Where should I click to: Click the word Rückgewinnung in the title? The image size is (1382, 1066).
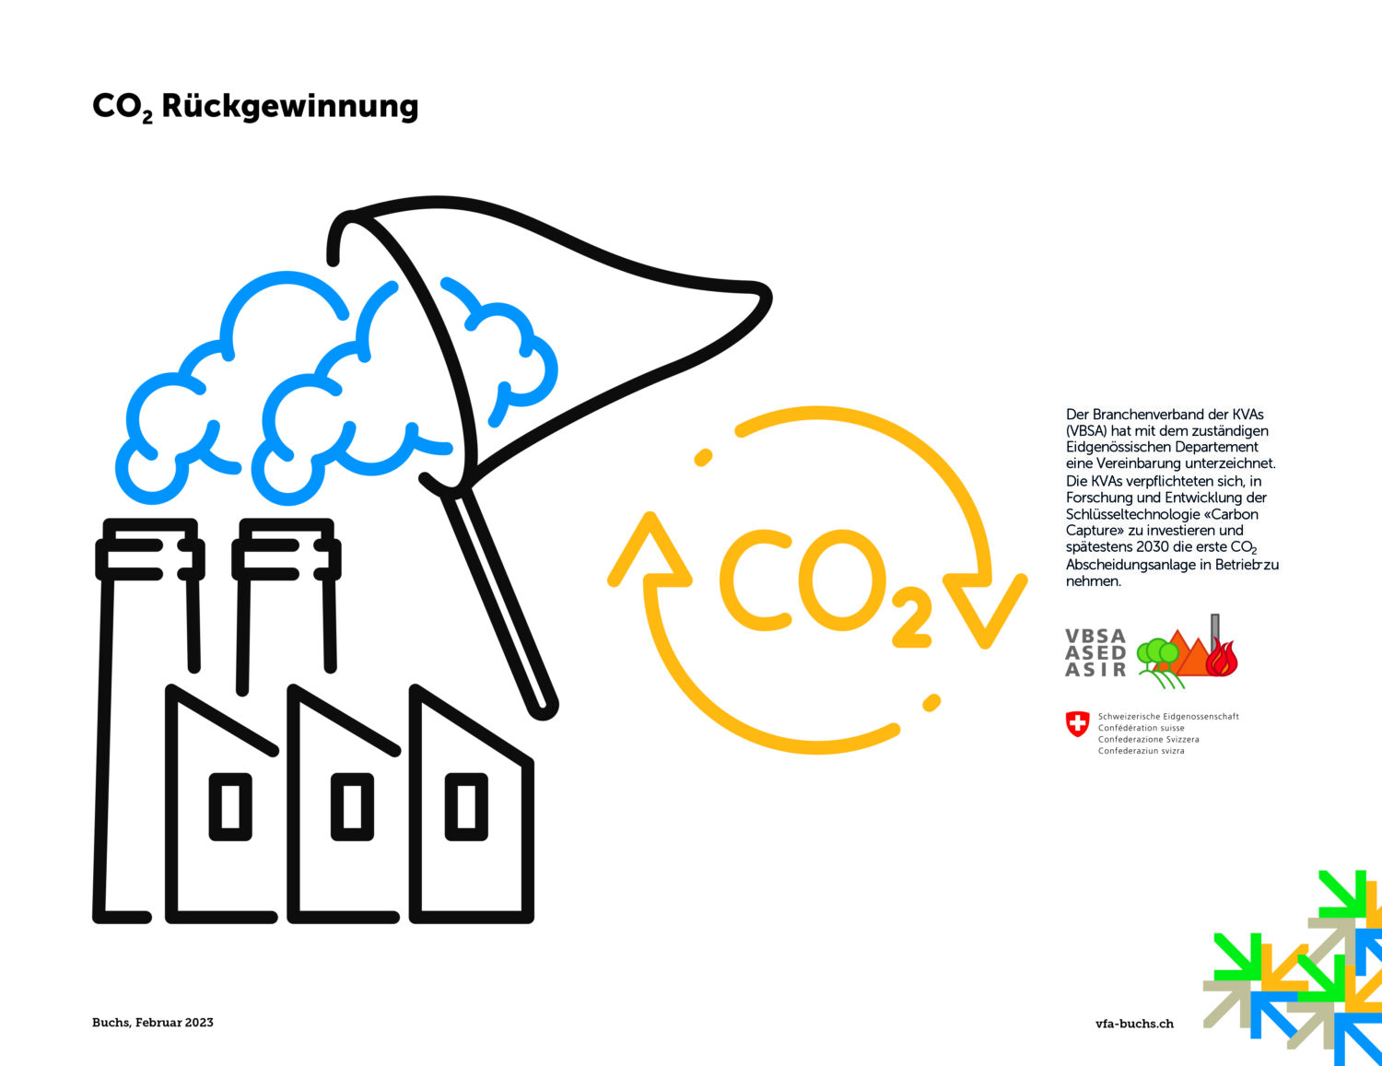(x=290, y=106)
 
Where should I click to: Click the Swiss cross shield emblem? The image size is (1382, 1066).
(x=1077, y=724)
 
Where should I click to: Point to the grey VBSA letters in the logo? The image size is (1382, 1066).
(x=1095, y=637)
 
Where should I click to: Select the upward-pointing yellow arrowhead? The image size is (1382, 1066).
(x=650, y=550)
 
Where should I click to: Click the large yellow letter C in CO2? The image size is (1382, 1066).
(x=756, y=580)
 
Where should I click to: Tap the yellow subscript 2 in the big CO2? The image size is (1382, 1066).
(x=911, y=618)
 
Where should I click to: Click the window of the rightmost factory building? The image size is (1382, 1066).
(x=466, y=807)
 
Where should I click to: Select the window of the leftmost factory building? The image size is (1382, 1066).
(x=230, y=807)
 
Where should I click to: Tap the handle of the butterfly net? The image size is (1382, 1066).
(x=500, y=604)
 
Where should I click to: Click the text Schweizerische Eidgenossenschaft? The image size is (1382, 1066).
(x=1168, y=717)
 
